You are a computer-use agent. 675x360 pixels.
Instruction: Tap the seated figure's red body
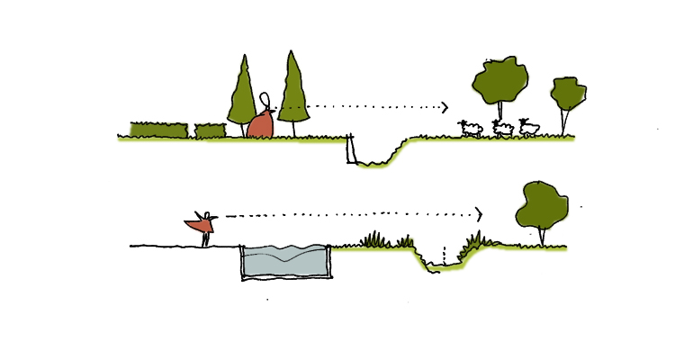coord(260,125)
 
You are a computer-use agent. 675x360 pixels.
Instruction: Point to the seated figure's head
coord(265,100)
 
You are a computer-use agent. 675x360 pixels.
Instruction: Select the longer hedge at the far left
coord(157,130)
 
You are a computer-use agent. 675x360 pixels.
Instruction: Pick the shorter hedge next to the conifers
coord(210,130)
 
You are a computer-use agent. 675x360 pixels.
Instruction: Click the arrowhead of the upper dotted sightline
coord(444,107)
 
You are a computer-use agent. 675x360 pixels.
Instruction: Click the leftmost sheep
coord(472,129)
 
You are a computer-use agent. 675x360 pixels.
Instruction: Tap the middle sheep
coord(502,130)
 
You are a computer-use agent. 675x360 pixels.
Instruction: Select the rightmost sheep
coord(529,129)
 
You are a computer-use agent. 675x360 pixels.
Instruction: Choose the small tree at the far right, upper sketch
coord(568,93)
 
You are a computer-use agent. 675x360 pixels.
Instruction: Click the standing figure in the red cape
coord(202,225)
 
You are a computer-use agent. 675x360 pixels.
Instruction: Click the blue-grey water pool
coord(285,261)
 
